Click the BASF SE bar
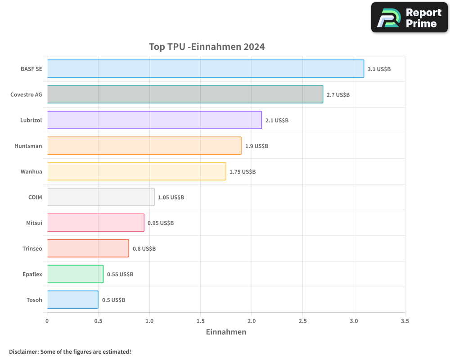click(205, 69)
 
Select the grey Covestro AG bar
click(185, 94)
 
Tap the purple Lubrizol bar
click(154, 120)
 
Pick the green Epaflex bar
click(75, 274)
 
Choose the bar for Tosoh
click(72, 300)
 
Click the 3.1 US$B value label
click(379, 69)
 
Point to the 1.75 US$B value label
click(243, 172)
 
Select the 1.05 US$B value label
click(171, 198)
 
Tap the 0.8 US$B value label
click(144, 249)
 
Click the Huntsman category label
click(28, 146)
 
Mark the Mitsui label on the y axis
click(34, 223)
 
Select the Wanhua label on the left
click(31, 172)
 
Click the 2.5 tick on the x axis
click(302, 321)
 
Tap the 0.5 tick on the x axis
click(98, 321)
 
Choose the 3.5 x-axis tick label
click(405, 321)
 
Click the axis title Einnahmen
click(226, 333)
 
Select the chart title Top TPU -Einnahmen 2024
click(207, 47)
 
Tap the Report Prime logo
click(409, 18)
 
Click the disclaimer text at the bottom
click(70, 351)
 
